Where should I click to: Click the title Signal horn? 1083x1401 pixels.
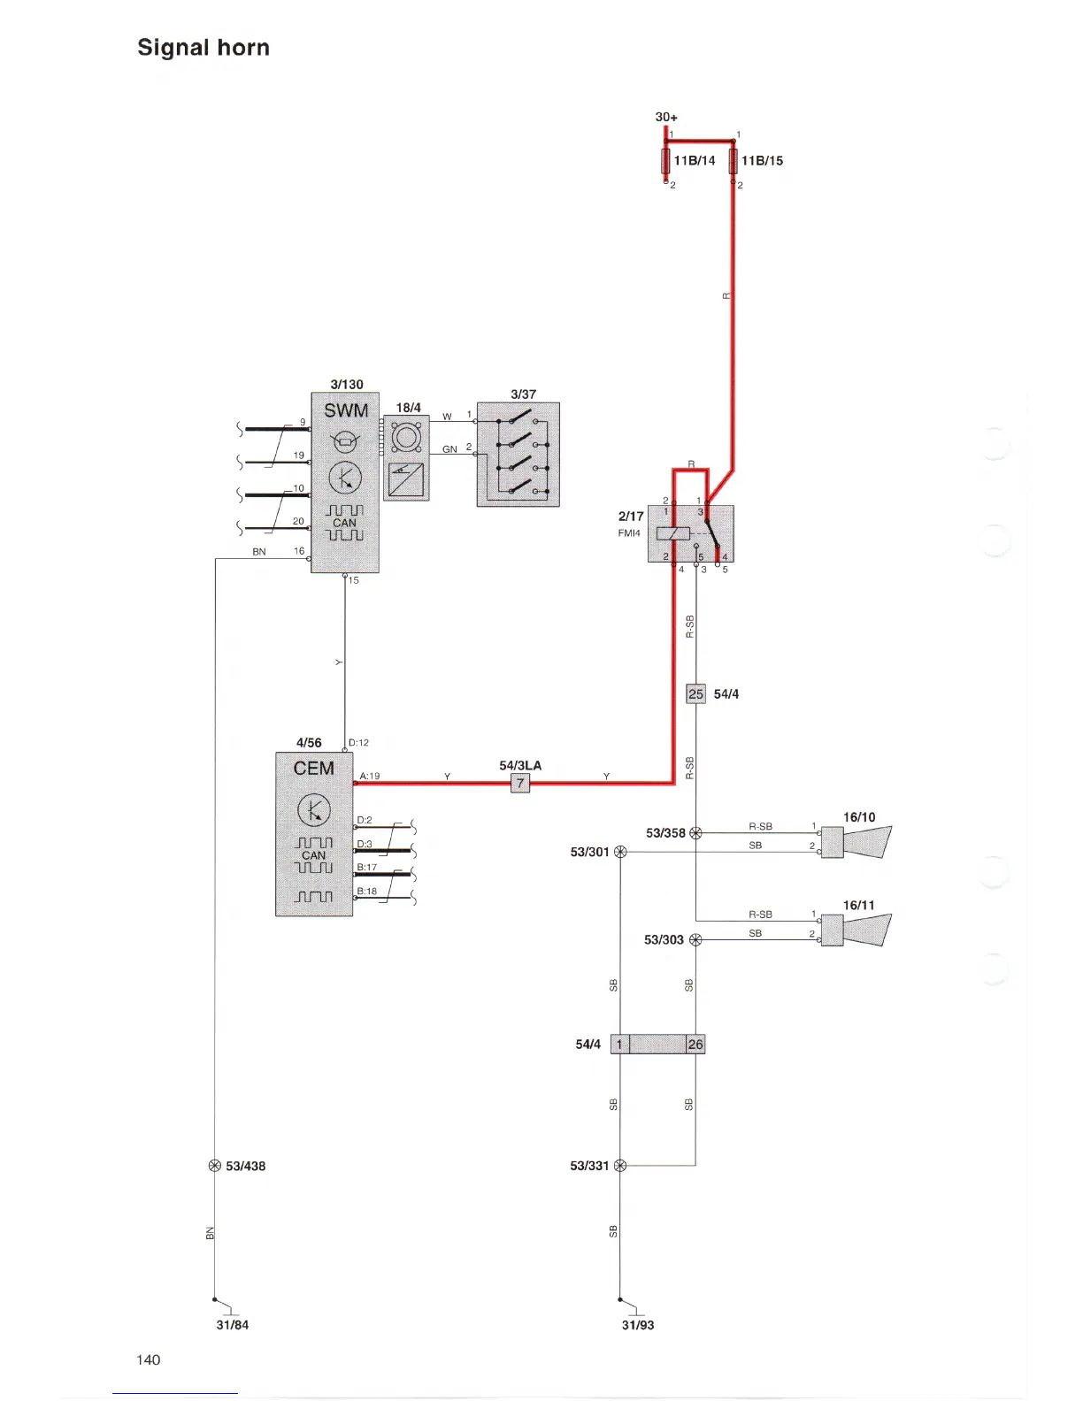tap(204, 48)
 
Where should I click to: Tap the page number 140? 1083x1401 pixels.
tap(149, 1359)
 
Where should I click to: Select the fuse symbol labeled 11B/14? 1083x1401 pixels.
tap(665, 161)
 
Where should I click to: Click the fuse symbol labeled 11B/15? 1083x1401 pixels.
tap(734, 161)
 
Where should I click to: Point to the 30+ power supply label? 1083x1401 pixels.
tap(666, 117)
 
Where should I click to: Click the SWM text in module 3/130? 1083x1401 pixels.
tap(346, 410)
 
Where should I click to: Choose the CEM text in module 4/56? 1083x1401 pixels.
tap(314, 768)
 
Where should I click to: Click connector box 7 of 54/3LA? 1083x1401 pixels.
tap(520, 783)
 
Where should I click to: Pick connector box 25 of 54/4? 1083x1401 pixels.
tap(695, 694)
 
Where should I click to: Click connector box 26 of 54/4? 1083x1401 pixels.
tap(695, 1045)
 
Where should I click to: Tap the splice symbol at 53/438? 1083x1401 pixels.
tap(214, 1166)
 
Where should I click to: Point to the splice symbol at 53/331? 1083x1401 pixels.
tap(619, 1166)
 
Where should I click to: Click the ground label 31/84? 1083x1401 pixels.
tap(233, 1325)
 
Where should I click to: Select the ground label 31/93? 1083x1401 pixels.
tap(638, 1325)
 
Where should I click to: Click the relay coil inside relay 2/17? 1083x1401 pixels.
tap(673, 533)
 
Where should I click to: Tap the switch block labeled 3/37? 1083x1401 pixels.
tap(518, 455)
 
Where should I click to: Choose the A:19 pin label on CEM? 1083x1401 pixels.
tap(369, 776)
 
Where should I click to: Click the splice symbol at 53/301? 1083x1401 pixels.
tap(619, 852)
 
